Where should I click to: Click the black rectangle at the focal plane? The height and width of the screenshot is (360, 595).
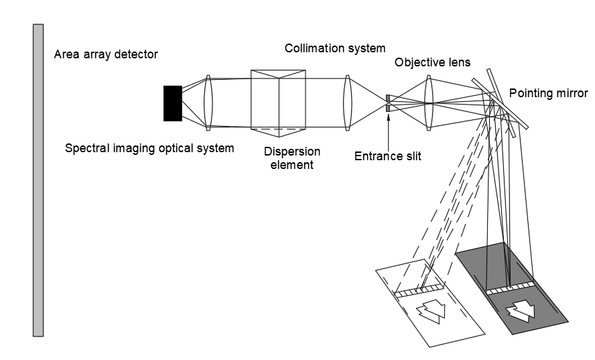172,103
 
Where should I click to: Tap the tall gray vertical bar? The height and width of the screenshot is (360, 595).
38,180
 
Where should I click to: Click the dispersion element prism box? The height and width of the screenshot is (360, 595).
278,99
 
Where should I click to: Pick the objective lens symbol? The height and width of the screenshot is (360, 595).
429,102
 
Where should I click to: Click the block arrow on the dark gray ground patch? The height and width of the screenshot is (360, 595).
521,309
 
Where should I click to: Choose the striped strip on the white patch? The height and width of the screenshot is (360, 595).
419,290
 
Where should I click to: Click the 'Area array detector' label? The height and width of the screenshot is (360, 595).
106,54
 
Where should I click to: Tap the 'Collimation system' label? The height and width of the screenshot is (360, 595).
335,48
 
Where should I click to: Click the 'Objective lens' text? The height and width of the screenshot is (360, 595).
432,62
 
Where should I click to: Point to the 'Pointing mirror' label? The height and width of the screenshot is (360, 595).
548,93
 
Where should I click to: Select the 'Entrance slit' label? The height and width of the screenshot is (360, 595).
387,157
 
